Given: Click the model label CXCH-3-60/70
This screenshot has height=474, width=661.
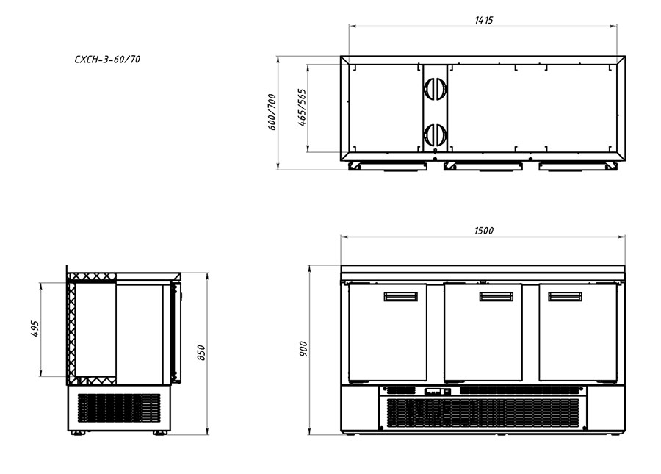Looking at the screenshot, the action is click(107, 60).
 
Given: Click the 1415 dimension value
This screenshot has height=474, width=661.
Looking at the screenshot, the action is click(483, 20).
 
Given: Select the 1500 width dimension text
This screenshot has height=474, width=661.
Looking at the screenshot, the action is click(483, 230).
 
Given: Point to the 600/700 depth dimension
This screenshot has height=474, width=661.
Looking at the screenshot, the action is click(272, 112).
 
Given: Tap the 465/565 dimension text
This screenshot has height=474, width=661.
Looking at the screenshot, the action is click(303, 107).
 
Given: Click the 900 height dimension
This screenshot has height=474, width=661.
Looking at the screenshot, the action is click(303, 349).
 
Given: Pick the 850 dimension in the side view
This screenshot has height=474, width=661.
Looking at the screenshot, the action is click(201, 353).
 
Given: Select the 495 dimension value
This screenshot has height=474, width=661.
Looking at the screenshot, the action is click(35, 328).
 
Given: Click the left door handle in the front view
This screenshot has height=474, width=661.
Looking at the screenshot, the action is click(400, 296).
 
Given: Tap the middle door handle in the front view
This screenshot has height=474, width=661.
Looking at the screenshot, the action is click(496, 296).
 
